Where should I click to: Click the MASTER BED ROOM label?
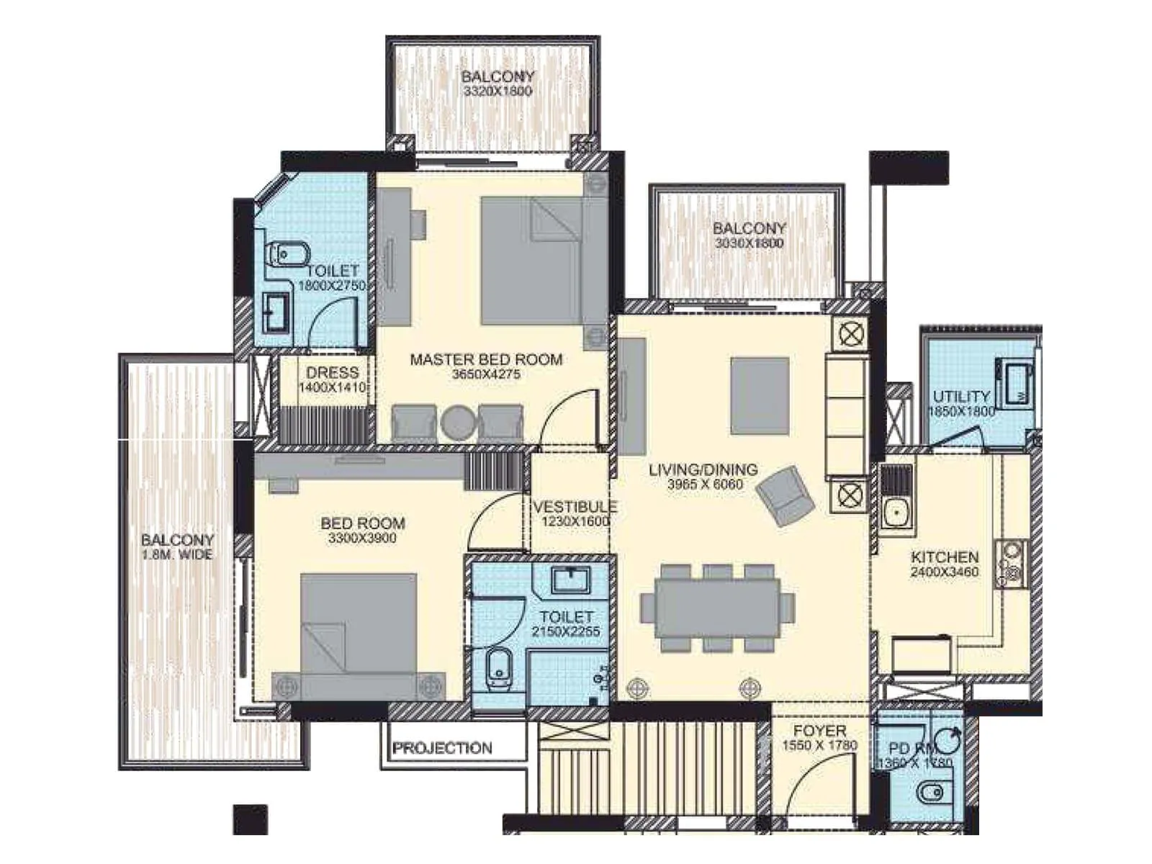[x=486, y=359]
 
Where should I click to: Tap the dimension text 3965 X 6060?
[x=704, y=485]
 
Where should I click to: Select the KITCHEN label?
[x=944, y=557]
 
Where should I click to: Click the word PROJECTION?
[x=442, y=748]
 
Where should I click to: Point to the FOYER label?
[x=819, y=731]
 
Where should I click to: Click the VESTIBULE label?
[x=575, y=507]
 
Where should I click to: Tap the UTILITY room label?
[x=961, y=396]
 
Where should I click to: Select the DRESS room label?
[x=332, y=372]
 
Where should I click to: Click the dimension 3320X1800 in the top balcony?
[x=498, y=91]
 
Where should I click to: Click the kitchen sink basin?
[x=896, y=513]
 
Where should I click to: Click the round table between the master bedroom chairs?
[x=457, y=423]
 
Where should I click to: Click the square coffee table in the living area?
[x=759, y=396]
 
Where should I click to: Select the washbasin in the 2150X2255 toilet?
[x=570, y=580]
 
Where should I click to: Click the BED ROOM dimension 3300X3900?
[x=362, y=539]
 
